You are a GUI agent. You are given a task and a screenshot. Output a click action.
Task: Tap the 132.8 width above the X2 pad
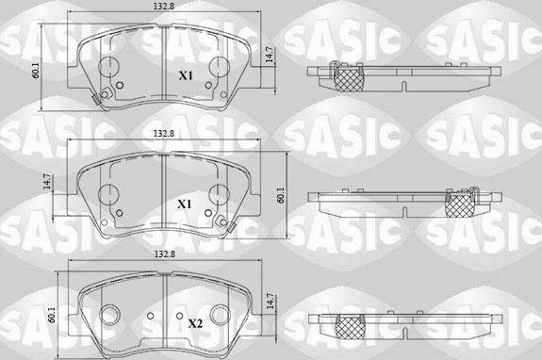click(163, 254)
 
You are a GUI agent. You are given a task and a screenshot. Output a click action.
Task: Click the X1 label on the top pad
click(186, 74)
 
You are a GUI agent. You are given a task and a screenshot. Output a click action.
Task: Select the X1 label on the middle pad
click(185, 203)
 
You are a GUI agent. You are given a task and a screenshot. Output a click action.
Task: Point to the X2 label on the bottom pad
click(195, 323)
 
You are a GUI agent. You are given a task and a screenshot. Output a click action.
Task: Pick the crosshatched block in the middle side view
click(460, 206)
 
